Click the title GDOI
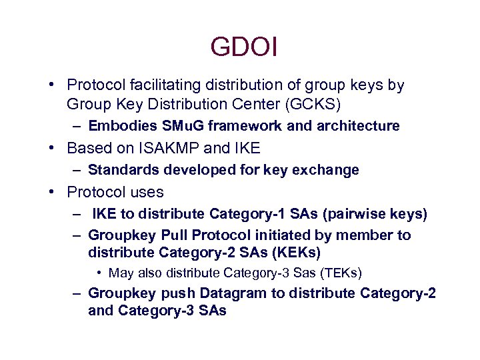[243, 47]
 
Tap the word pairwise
[338, 214]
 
